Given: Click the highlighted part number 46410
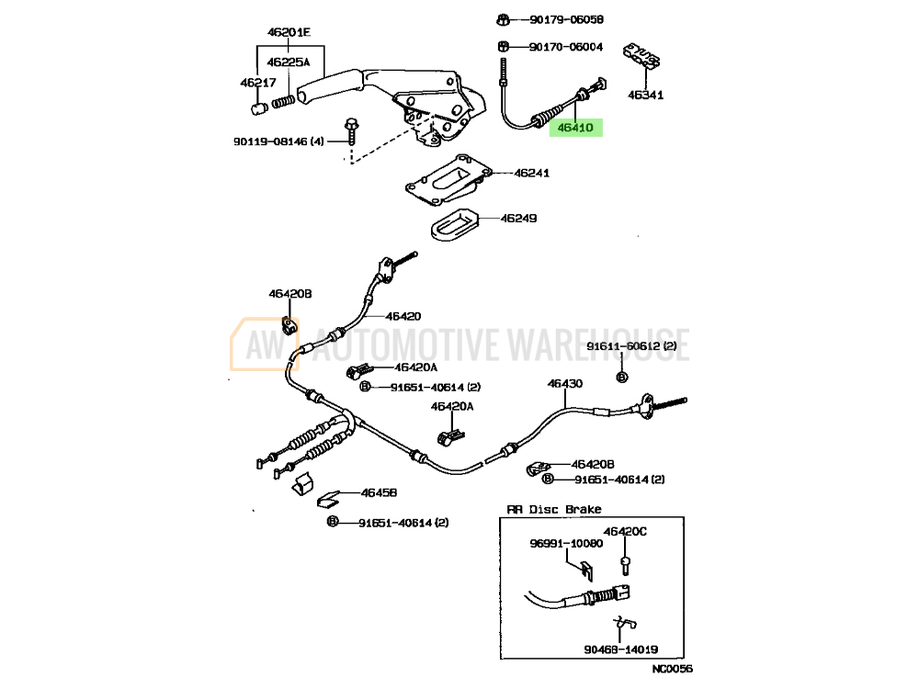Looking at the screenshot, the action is pyautogui.click(x=575, y=127).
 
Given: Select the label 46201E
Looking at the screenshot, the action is pyautogui.click(x=289, y=32).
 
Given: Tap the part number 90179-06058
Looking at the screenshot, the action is pyautogui.click(x=566, y=19).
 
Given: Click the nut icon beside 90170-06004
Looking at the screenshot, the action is pyautogui.click(x=503, y=46).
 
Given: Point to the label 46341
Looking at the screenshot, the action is pyautogui.click(x=646, y=95).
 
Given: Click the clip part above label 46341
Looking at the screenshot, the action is pyautogui.click(x=641, y=56).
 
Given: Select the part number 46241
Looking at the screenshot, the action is pyautogui.click(x=531, y=173).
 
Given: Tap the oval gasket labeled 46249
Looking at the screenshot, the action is pyautogui.click(x=455, y=222).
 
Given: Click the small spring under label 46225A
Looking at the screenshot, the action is pyautogui.click(x=283, y=101).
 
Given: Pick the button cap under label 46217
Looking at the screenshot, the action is pyautogui.click(x=259, y=108).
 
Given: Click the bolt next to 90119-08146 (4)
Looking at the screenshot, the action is pyautogui.click(x=351, y=131).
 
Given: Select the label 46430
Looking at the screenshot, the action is pyautogui.click(x=565, y=384).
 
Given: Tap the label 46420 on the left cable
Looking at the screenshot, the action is pyautogui.click(x=403, y=316).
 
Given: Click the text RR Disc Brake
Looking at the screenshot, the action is pyautogui.click(x=554, y=509).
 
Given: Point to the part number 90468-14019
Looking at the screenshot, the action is pyautogui.click(x=620, y=649).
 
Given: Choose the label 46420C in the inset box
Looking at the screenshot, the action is pyautogui.click(x=625, y=531).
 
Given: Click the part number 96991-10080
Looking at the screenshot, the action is pyautogui.click(x=566, y=544).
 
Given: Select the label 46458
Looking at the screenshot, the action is pyautogui.click(x=380, y=492).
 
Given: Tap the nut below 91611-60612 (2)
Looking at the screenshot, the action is pyautogui.click(x=622, y=377).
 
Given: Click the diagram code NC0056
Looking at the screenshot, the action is pyautogui.click(x=673, y=669).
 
